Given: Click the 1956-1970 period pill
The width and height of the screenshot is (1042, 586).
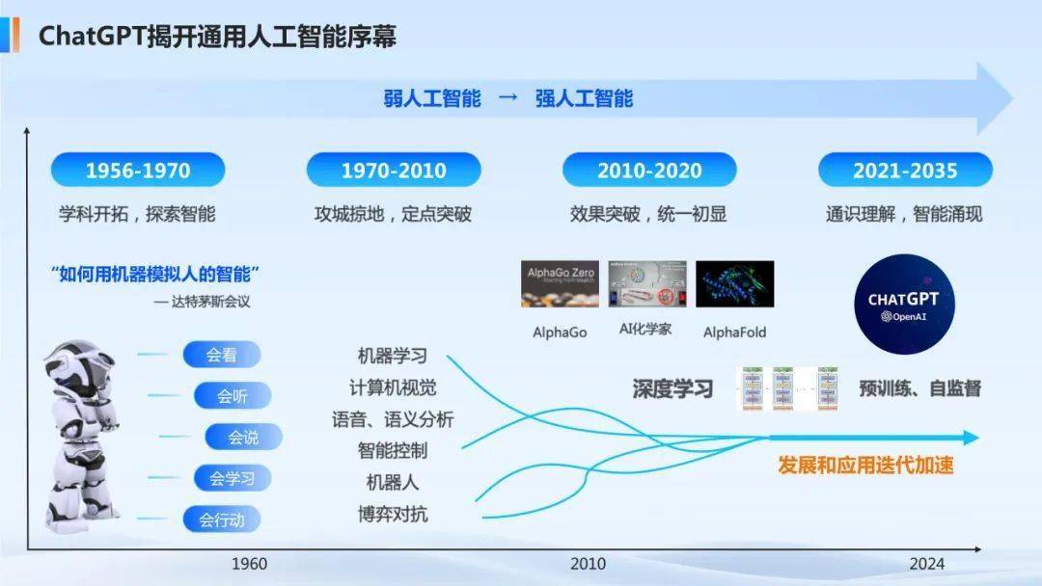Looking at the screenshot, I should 138,171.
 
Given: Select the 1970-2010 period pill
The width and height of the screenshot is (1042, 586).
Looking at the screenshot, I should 394,171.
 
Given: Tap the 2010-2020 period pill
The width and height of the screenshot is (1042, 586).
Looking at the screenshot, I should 649,171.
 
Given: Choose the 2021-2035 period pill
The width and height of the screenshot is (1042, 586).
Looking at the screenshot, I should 905,171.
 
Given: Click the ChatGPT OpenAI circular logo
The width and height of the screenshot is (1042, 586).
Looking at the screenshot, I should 903,301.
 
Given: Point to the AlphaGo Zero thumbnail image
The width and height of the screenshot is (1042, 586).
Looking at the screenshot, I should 560,283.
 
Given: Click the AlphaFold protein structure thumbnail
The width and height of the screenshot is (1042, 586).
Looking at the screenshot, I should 734,283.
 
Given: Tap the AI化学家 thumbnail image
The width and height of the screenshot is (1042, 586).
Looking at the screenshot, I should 645,283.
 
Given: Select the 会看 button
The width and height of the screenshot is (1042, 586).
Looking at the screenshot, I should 222,355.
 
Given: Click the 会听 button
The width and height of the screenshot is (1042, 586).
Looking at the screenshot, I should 233,396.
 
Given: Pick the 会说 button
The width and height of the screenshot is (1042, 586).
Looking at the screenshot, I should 244,437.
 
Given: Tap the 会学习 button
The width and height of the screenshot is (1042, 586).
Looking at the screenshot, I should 233,478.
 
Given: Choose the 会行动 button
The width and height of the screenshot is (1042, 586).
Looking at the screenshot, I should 222,519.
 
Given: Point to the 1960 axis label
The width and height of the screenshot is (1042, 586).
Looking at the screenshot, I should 250,564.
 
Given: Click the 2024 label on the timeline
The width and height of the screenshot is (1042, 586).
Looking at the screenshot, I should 926,564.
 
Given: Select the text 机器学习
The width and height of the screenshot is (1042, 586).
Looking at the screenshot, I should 393,357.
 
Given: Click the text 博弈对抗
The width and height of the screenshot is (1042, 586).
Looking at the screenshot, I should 393,514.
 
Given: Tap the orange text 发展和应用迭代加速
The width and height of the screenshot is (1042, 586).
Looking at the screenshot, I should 865,465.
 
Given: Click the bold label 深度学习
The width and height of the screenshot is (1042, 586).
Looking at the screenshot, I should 672,389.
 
